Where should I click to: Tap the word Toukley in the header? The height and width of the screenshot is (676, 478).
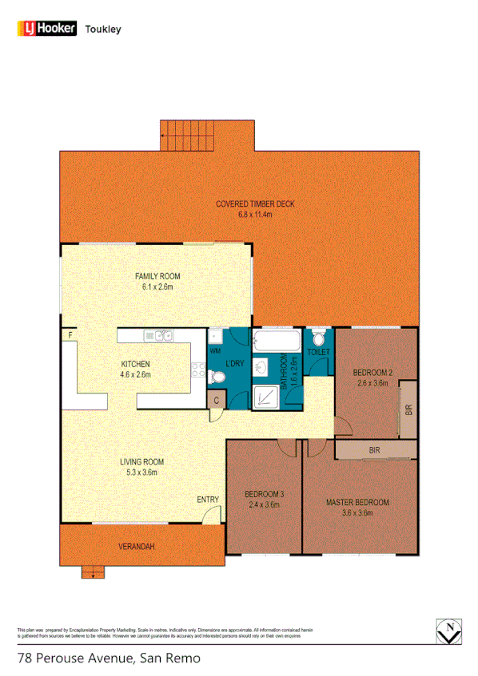pos(102,29)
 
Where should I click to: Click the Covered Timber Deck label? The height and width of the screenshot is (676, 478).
pos(255,204)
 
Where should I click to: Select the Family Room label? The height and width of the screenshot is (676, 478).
pos(157,277)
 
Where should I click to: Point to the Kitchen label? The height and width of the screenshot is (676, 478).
pos(135,364)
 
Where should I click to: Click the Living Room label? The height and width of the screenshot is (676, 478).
pos(141,462)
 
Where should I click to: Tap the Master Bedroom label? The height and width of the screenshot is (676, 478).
pos(357,503)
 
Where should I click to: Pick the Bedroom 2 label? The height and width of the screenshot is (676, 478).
pos(372,373)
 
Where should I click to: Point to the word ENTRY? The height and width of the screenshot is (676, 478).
pos(207,500)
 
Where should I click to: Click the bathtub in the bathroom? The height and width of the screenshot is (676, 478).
pos(276,344)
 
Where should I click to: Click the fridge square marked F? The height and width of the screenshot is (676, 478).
pos(70,335)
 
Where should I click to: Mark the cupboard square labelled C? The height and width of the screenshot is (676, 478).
pos(216,400)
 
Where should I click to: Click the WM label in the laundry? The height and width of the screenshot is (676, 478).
pos(214,350)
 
